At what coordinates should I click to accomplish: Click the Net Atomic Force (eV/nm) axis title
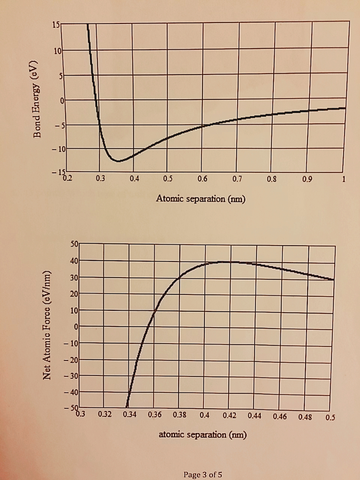(x=47, y=326)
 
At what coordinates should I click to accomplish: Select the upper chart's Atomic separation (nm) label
(x=201, y=199)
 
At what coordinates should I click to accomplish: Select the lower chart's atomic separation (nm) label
(x=202, y=435)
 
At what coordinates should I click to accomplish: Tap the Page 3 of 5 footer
(x=203, y=474)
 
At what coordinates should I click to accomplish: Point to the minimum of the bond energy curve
(x=119, y=161)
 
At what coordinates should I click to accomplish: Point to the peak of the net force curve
(x=228, y=262)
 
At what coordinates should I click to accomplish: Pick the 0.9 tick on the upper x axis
(x=307, y=179)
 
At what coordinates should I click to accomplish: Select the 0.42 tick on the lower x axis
(x=230, y=415)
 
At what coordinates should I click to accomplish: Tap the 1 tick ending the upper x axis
(x=344, y=179)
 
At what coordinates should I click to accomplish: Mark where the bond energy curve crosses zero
(x=96, y=100)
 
